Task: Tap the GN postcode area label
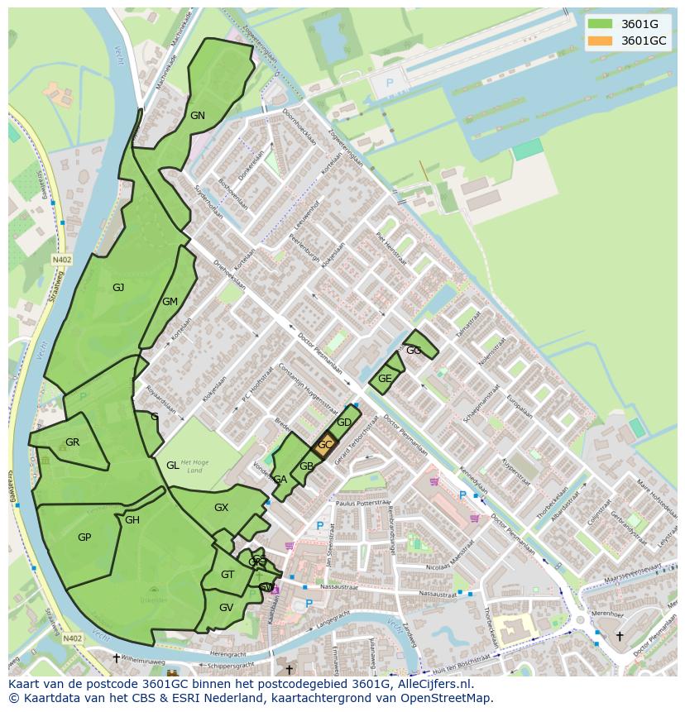[197, 116]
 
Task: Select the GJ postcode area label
[118, 288]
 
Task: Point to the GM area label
[170, 302]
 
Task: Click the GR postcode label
[72, 442]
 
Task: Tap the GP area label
[84, 538]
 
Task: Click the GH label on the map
[132, 520]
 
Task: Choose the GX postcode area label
[221, 508]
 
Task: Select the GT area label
[228, 575]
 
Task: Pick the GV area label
[226, 607]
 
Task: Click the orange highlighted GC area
[325, 445]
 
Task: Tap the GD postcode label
[344, 423]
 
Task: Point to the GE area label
[385, 379]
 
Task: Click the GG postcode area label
[414, 351]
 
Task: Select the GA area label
[280, 480]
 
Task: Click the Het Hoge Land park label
[191, 466]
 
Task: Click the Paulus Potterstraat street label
[363, 502]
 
